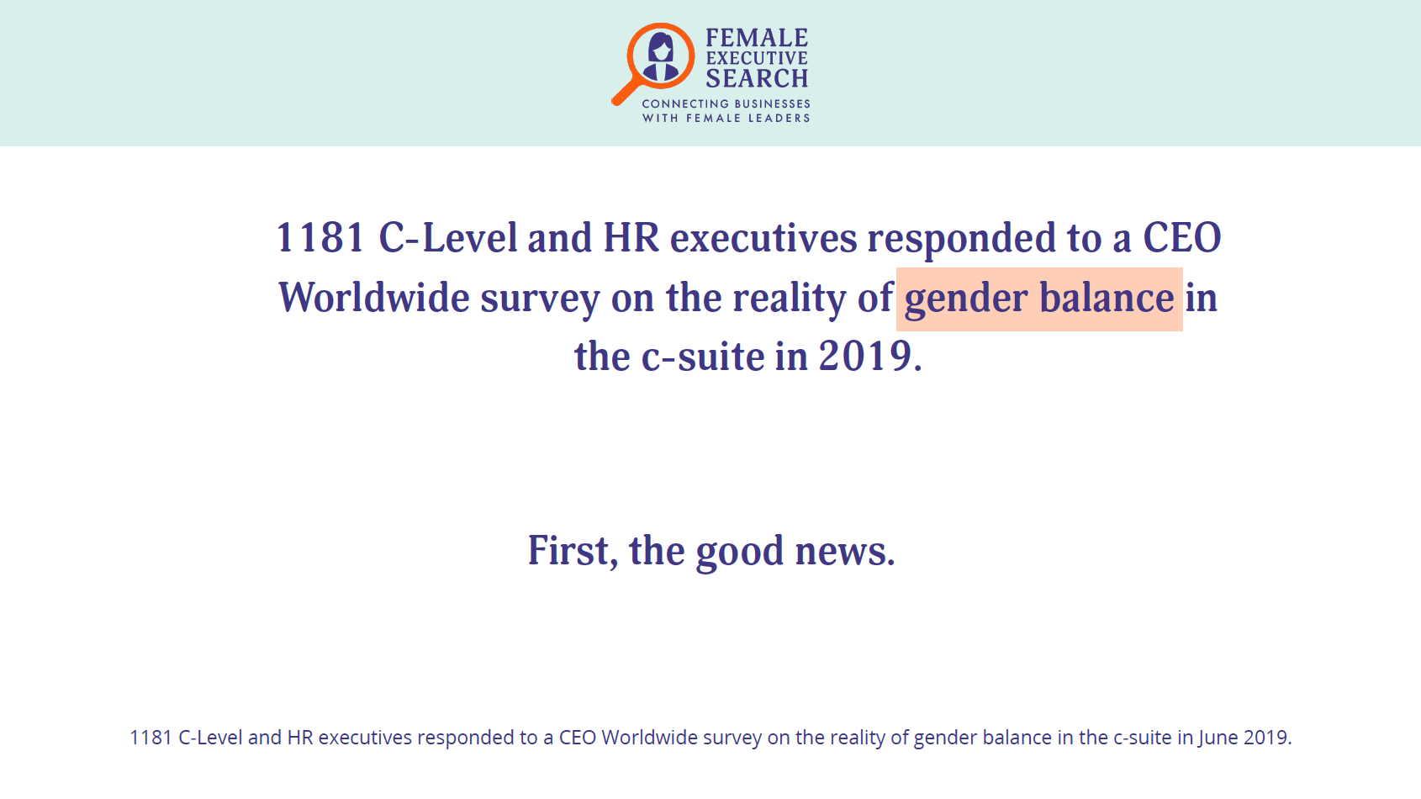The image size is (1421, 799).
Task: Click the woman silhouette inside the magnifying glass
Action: pos(660,58)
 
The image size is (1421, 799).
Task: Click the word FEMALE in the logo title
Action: pos(757,38)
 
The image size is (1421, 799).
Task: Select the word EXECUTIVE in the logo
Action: pos(757,58)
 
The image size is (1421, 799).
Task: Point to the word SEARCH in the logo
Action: pos(757,79)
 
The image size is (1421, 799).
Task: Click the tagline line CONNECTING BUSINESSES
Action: pos(726,103)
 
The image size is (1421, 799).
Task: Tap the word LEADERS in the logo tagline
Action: pos(779,118)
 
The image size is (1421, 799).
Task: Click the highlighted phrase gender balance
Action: pos(1039,299)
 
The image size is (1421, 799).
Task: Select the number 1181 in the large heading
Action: pos(320,238)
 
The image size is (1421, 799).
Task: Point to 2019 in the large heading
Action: pos(864,356)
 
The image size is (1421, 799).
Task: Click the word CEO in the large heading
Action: pos(1182,238)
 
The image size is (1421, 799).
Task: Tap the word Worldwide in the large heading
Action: pos(373,297)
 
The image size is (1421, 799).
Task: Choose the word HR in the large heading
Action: pos(631,238)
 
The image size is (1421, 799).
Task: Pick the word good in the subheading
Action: pos(740,553)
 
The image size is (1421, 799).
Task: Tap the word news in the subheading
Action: pos(844,551)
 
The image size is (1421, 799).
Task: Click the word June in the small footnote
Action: pos(1218,738)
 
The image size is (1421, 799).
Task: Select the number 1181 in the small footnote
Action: pos(151,738)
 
